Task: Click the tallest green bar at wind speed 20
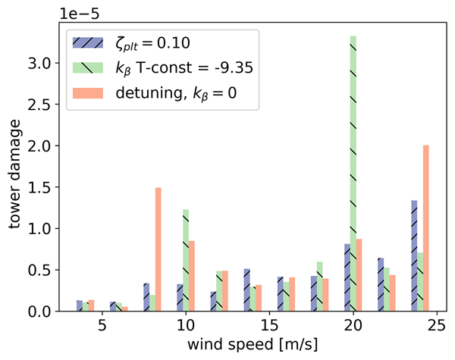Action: (x=353, y=174)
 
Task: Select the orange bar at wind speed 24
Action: (x=425, y=228)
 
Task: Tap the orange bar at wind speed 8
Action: (x=158, y=249)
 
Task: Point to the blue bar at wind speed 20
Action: (x=347, y=277)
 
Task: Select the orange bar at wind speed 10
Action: (x=192, y=276)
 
